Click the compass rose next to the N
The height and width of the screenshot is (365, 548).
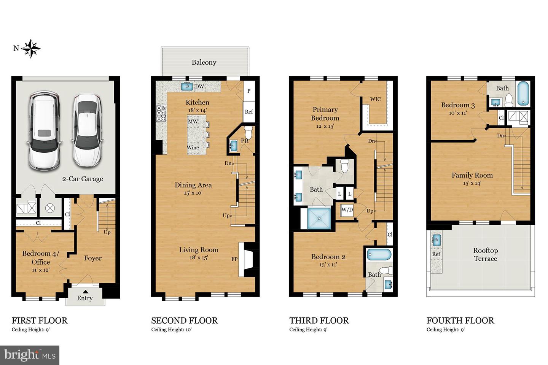pos(31,48)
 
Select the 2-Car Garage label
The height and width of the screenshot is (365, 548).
pos(83,179)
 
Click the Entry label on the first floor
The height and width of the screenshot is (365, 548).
pos(84,298)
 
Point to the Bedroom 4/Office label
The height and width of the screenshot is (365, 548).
pos(41,257)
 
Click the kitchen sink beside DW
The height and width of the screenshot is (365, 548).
pos(187,86)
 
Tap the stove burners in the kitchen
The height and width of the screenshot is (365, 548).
pos(161,113)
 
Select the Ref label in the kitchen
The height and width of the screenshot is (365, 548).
pos(249,112)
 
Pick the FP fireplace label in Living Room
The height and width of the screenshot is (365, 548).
pos(234,259)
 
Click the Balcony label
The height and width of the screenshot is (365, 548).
pos(204,62)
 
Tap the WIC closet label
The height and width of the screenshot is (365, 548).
pos(376,99)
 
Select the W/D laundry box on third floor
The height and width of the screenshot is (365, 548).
pos(347,210)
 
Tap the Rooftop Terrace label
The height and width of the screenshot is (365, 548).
pos(485,254)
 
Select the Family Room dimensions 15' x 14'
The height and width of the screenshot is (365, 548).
pos(472,183)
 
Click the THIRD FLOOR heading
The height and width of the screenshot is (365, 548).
pos(319,321)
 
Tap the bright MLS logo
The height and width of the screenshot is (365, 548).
pos(30,355)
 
